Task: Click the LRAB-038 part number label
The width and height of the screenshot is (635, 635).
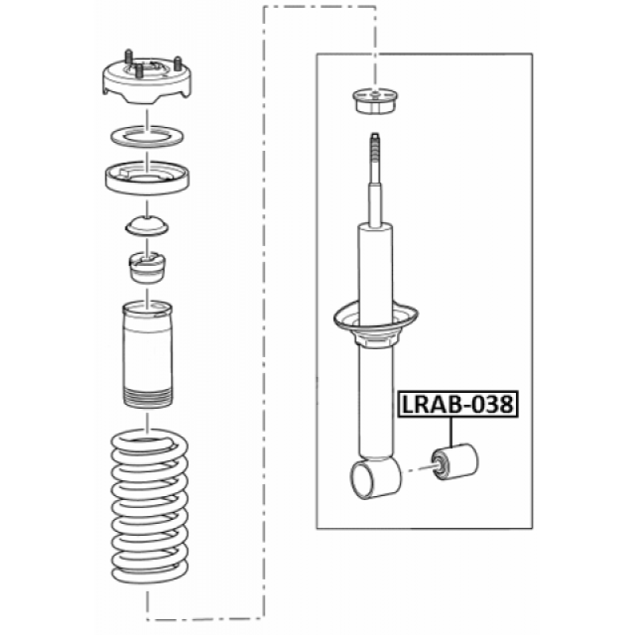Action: (x=459, y=404)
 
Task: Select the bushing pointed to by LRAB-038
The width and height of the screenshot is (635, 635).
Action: (x=455, y=461)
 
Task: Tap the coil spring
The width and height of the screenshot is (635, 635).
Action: (x=149, y=507)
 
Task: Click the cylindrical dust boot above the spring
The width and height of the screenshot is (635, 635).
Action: (x=148, y=354)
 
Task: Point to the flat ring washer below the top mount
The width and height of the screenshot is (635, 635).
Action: (x=147, y=137)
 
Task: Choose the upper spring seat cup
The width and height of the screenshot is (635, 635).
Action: (x=147, y=178)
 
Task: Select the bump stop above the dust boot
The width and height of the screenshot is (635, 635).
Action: (x=147, y=267)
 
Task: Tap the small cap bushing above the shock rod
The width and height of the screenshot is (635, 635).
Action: (x=375, y=102)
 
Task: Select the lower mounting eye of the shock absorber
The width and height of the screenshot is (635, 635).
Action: (x=375, y=478)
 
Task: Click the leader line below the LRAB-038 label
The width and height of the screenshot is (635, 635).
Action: (x=450, y=432)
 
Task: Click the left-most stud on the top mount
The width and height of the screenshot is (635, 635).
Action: (x=129, y=56)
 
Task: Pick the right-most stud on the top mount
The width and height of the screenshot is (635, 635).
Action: (x=177, y=63)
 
